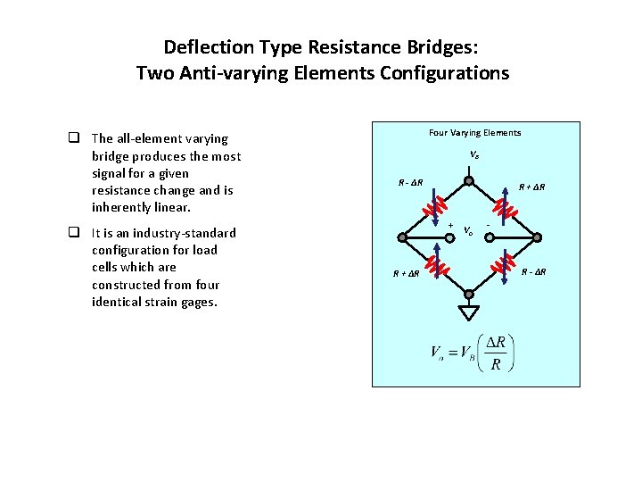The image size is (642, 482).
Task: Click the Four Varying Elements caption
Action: click(474, 133)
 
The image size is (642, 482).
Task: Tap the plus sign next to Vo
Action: click(451, 225)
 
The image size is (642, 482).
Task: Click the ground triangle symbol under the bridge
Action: click(468, 312)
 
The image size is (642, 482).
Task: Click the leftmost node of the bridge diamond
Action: click(402, 237)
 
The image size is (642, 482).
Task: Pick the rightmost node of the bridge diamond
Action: click(536, 237)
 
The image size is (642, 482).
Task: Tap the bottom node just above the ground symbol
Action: click(468, 294)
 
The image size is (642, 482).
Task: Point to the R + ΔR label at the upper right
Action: click(532, 187)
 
